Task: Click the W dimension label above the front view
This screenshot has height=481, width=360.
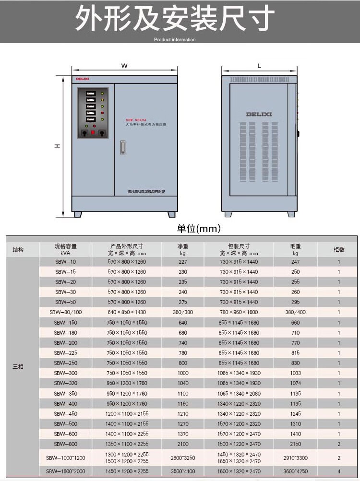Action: tap(124, 65)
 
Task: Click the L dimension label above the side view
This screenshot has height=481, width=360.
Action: tap(259, 66)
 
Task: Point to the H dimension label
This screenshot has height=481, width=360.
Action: tap(57, 146)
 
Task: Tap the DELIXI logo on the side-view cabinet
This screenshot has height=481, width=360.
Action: tap(259, 114)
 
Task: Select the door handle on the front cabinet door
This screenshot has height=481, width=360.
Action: tap(122, 147)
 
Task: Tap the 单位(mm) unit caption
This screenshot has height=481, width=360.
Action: tap(199, 228)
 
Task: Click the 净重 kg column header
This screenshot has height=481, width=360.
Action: tap(183, 249)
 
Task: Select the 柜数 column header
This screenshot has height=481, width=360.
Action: tap(338, 249)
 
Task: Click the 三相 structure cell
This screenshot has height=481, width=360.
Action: tap(18, 366)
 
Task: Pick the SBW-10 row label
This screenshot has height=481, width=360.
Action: tap(65, 262)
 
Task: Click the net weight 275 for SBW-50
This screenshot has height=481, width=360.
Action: tap(183, 302)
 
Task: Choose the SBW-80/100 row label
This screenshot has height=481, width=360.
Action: tap(65, 312)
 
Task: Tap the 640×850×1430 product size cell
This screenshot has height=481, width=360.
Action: tap(127, 312)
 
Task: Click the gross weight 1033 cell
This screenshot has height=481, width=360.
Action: tap(295, 373)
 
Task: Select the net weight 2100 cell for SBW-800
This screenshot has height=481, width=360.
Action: tap(183, 444)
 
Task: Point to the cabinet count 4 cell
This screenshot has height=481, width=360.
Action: tap(338, 471)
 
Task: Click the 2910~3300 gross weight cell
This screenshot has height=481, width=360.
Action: tap(295, 458)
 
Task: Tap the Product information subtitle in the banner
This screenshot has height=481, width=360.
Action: tap(175, 40)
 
